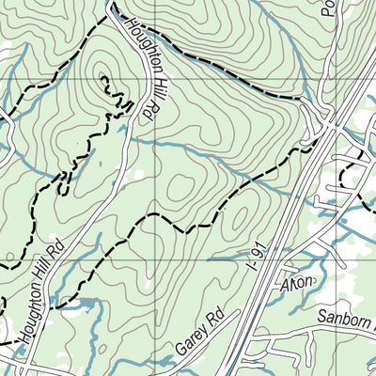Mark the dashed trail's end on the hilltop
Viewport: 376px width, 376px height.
[102, 76]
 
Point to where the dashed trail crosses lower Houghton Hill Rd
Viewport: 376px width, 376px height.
[54, 305]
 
